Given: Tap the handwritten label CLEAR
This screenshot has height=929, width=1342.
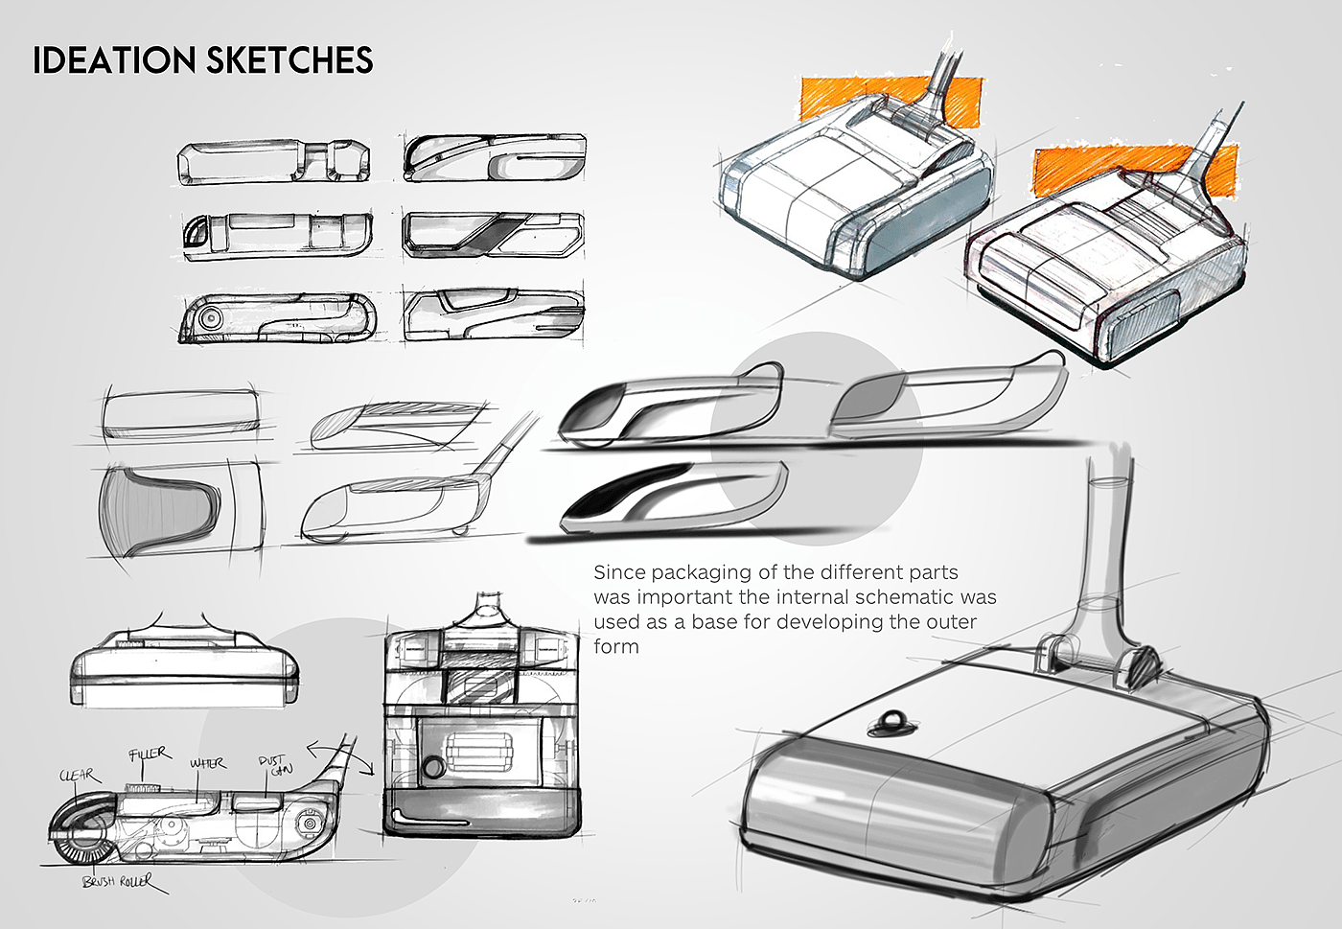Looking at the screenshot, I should (78, 775).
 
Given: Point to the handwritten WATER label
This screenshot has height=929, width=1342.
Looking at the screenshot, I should (207, 763).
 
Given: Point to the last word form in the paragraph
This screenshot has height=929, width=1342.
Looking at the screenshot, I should (615, 646).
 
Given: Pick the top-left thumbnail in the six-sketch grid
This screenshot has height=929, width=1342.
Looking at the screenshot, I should (275, 161).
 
